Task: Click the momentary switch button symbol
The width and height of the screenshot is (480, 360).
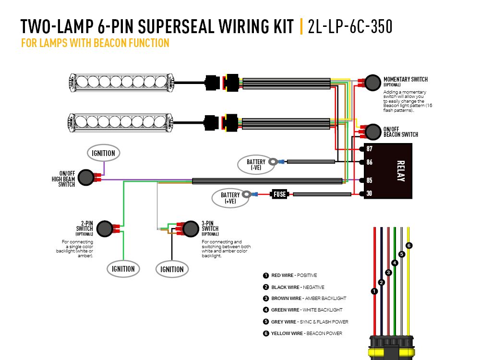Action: point(372,83)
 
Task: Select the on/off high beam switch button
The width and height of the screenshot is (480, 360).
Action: point(85,177)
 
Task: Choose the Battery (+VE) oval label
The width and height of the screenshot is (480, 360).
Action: point(230,198)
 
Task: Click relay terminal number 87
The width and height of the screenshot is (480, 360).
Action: point(370,149)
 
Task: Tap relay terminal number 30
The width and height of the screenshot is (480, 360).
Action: point(370,193)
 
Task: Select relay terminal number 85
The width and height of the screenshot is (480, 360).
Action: point(370,180)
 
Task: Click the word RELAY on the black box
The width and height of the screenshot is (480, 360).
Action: point(401,171)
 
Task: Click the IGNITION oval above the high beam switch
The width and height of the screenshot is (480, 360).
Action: point(103,153)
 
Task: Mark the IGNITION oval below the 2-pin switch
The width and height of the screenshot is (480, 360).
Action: point(123,268)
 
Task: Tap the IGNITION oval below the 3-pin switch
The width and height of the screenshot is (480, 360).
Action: point(172,269)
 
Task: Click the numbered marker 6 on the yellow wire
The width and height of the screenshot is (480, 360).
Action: point(409,246)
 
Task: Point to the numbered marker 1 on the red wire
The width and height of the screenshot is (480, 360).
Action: point(374,291)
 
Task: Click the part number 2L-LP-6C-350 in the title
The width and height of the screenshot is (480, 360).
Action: point(350,27)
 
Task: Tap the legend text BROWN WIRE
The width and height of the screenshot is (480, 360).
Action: point(287,299)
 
